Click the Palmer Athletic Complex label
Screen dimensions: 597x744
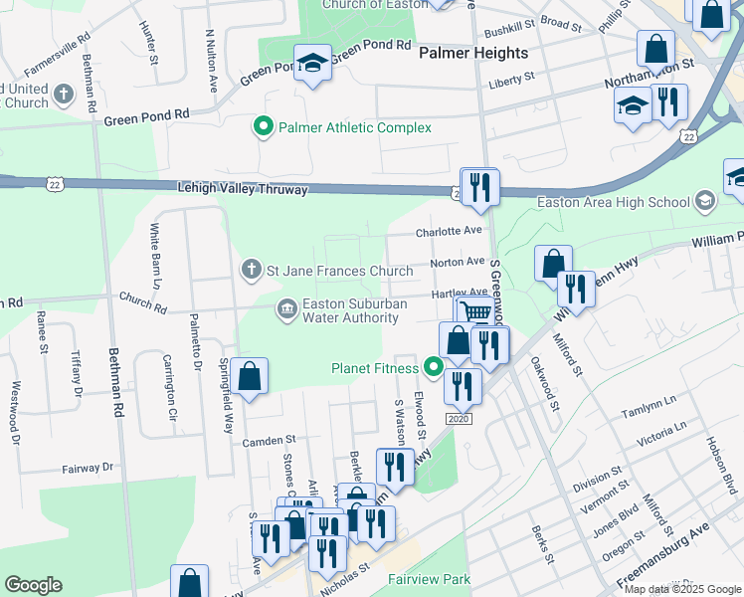point(354,127)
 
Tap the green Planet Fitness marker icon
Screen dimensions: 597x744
point(433,368)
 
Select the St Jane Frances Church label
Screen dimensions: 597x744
point(338,270)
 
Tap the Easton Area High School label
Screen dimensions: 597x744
point(613,202)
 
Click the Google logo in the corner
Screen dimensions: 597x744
point(33,584)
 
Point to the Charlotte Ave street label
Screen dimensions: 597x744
point(448,231)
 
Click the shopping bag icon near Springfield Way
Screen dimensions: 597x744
point(251,376)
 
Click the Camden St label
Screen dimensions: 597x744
point(270,439)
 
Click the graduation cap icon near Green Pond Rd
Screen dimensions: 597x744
point(312,64)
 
